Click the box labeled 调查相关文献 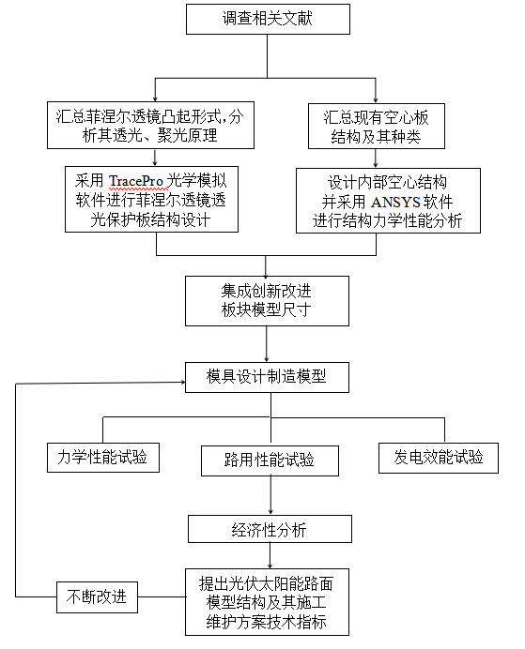point(268,19)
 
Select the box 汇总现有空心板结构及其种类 point(377,126)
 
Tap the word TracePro point(135,181)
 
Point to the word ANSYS point(395,202)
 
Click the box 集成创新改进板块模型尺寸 point(267,301)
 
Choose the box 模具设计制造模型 point(267,377)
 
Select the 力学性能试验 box point(103,458)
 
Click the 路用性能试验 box point(270,460)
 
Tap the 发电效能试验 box point(439,458)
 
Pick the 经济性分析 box point(270,529)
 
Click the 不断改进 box point(97,597)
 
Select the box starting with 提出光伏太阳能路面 point(267,602)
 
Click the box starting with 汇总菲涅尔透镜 point(150,125)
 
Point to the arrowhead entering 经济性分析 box point(270,512)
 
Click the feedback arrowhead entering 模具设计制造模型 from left point(183,382)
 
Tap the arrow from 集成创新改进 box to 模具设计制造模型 point(267,344)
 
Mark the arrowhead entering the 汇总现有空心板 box point(376,100)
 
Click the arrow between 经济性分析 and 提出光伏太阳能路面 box point(270,555)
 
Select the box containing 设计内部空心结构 point(388,201)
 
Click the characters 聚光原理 point(187,135)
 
